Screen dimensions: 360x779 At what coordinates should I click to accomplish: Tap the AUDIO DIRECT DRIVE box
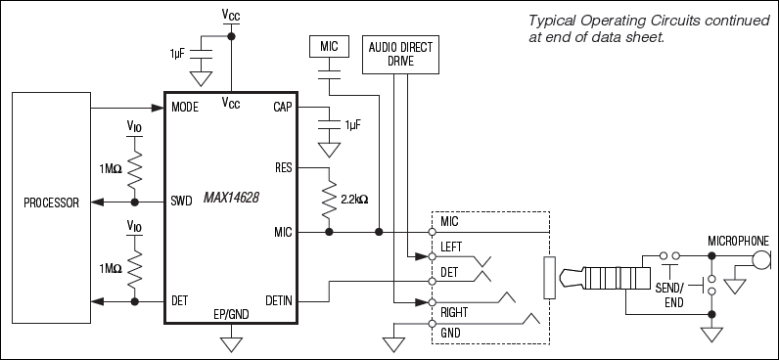point(399,54)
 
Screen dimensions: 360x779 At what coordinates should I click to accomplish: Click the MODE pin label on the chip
point(184,106)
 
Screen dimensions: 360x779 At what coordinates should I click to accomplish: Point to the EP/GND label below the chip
point(232,314)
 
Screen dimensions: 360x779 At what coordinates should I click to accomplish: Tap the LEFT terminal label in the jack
point(452,247)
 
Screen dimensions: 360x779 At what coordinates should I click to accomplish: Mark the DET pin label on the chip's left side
point(180,299)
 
